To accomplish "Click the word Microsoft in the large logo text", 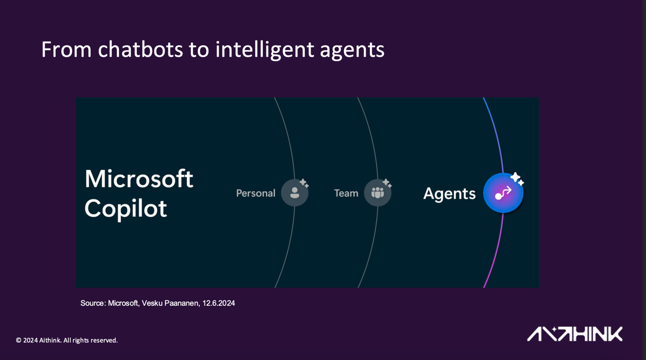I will [139, 179].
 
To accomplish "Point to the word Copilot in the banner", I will [126, 208].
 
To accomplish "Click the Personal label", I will [256, 193].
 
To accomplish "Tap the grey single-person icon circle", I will [294, 193].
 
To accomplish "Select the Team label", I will [346, 193].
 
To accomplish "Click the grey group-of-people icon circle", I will [377, 193].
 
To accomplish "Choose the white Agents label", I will [450, 194].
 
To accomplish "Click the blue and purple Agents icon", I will [503, 193].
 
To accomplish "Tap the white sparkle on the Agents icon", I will [517, 178].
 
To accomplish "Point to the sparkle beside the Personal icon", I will [304, 183].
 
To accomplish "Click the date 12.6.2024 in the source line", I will [219, 303].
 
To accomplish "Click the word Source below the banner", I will [92, 303].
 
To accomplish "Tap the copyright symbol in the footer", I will [19, 341].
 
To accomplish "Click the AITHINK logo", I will [574, 334].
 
